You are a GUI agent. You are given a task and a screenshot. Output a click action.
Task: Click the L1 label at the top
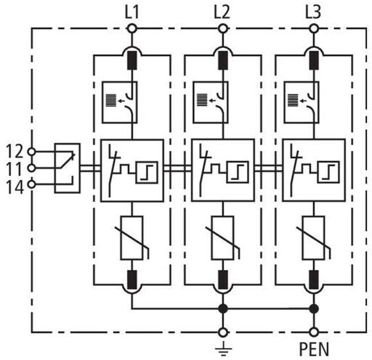pos(132,12)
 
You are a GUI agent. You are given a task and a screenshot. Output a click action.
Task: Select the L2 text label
pos(222,12)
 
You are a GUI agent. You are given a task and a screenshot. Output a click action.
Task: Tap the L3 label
pos(313,12)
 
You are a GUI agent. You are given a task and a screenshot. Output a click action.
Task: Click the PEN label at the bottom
pos(314,349)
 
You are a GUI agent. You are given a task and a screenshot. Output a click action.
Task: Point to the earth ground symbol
pos(223,348)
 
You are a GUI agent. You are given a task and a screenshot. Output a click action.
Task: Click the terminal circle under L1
pos(132,29)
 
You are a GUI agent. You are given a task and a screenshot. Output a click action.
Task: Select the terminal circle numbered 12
pos(31,152)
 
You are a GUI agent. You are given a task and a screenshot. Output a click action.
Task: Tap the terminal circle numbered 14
pos(31,184)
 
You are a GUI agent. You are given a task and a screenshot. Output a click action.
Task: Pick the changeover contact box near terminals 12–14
pos(68,168)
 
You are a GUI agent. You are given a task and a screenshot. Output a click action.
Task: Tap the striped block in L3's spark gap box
pos(293,100)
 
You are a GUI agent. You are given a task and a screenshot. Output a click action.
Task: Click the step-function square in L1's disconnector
pos(147,172)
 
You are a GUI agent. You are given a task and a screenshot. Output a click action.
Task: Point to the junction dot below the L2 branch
pos(223,308)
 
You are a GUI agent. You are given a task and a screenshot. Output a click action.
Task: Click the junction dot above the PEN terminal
pos(314,308)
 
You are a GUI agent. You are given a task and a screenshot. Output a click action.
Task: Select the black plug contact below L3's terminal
pos(314,60)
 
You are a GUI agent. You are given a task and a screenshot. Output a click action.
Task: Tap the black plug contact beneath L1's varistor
pos(132,279)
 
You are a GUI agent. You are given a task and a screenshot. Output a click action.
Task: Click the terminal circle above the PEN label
pos(314,332)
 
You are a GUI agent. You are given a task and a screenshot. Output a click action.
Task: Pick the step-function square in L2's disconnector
pos(238,172)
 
